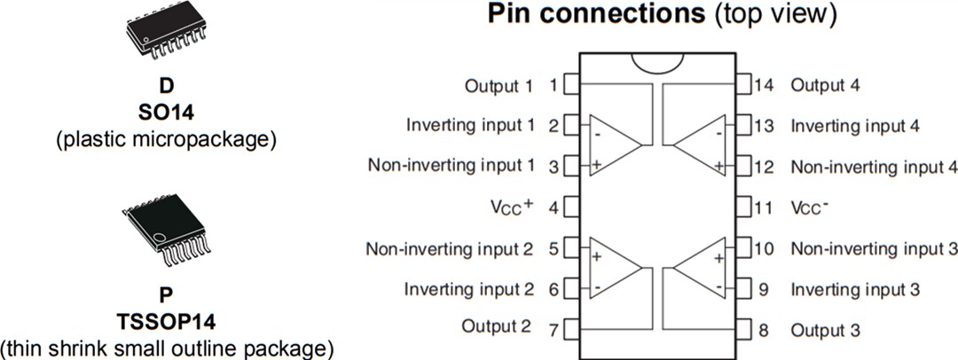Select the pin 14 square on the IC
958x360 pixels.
coord(743,86)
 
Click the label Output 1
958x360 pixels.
coord(499,86)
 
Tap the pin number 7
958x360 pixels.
coord(553,330)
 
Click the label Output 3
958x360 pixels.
coord(825,330)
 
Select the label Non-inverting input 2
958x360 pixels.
coord(450,248)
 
